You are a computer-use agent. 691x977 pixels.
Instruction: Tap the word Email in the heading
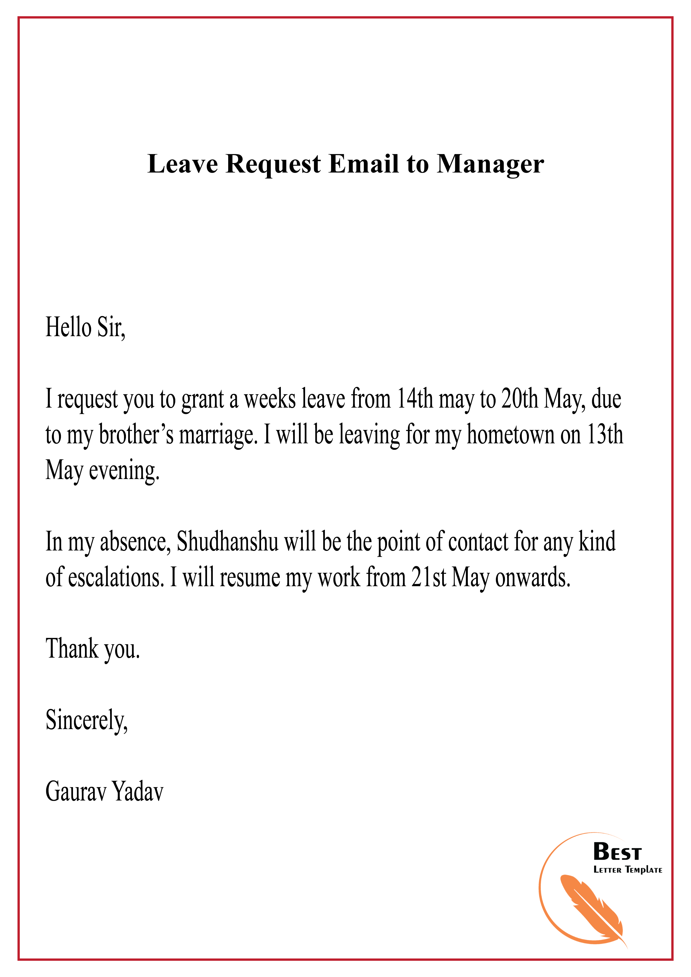pyautogui.click(x=364, y=164)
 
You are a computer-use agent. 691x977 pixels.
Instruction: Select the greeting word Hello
pyautogui.click(x=68, y=328)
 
